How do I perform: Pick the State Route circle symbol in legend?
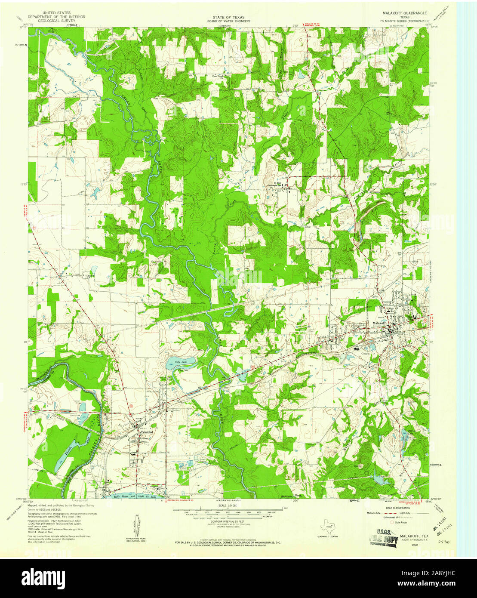pyautogui.click(x=392, y=522)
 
